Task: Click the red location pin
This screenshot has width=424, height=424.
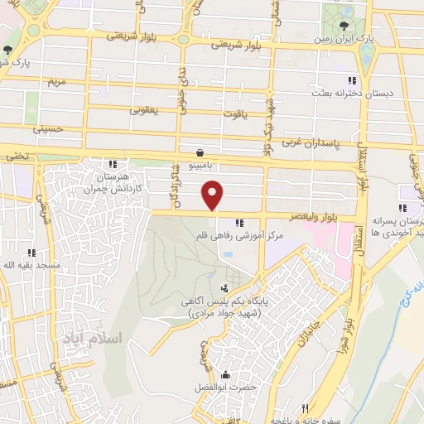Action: click(x=214, y=195)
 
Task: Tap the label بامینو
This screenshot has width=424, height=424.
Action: click(x=200, y=166)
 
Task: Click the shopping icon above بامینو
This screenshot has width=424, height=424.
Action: click(x=200, y=152)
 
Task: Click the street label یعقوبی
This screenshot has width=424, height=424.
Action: click(x=143, y=109)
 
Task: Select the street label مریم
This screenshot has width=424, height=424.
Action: click(x=55, y=83)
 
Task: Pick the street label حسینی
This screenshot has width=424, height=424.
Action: click(x=48, y=130)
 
